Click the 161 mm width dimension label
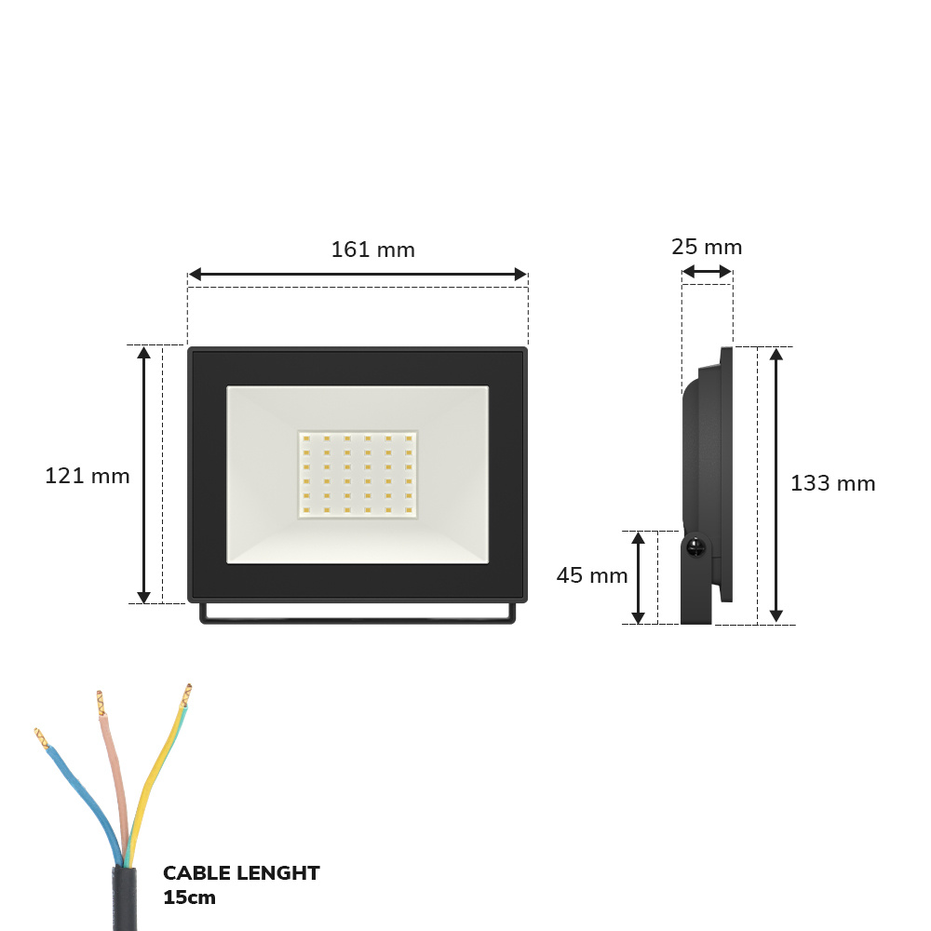(x=372, y=250)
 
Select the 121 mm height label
(x=88, y=476)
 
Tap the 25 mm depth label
(x=707, y=247)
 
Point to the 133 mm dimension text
(x=832, y=483)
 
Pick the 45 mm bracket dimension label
(x=592, y=575)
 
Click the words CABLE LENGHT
(x=241, y=873)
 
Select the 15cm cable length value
(x=189, y=897)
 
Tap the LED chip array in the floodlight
(x=358, y=475)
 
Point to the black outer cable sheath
(x=124, y=898)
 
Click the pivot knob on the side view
(x=695, y=549)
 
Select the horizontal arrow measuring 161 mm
(x=358, y=275)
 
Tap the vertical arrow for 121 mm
(x=143, y=475)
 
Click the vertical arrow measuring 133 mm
(x=776, y=484)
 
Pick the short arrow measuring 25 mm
(x=707, y=272)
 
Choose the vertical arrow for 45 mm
(x=639, y=577)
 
